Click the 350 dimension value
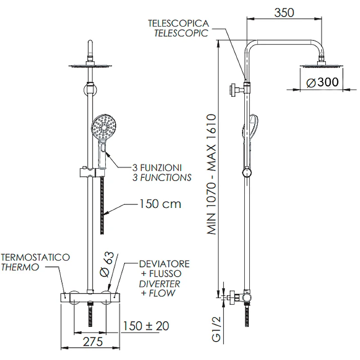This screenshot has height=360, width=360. coord(284,12)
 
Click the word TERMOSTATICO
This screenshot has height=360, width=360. coord(35,257)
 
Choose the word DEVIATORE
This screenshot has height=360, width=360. coord(164,263)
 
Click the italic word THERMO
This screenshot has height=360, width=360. coord(20,267)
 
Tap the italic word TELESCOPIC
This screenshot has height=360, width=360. coord(181,33)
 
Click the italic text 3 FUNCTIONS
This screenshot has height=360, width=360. coord(162,177)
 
